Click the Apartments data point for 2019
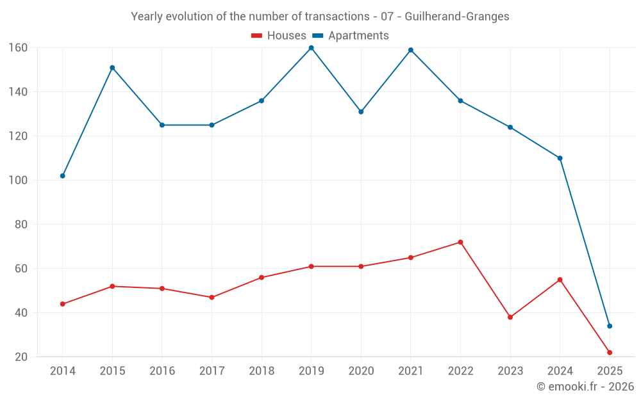tap(311, 48)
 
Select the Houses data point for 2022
tap(460, 243)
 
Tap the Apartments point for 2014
tap(62, 176)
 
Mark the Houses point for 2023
tap(510, 317)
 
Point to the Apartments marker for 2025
tap(610, 326)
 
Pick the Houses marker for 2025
tap(610, 353)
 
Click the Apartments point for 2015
tap(112, 68)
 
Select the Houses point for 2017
tap(212, 298)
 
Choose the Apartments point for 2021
tap(411, 50)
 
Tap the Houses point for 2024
tap(560, 280)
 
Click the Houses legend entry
tap(279, 36)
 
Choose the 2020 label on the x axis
tap(361, 371)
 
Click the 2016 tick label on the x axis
tap(162, 371)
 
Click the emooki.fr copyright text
tap(585, 387)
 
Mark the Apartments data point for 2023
tap(510, 127)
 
